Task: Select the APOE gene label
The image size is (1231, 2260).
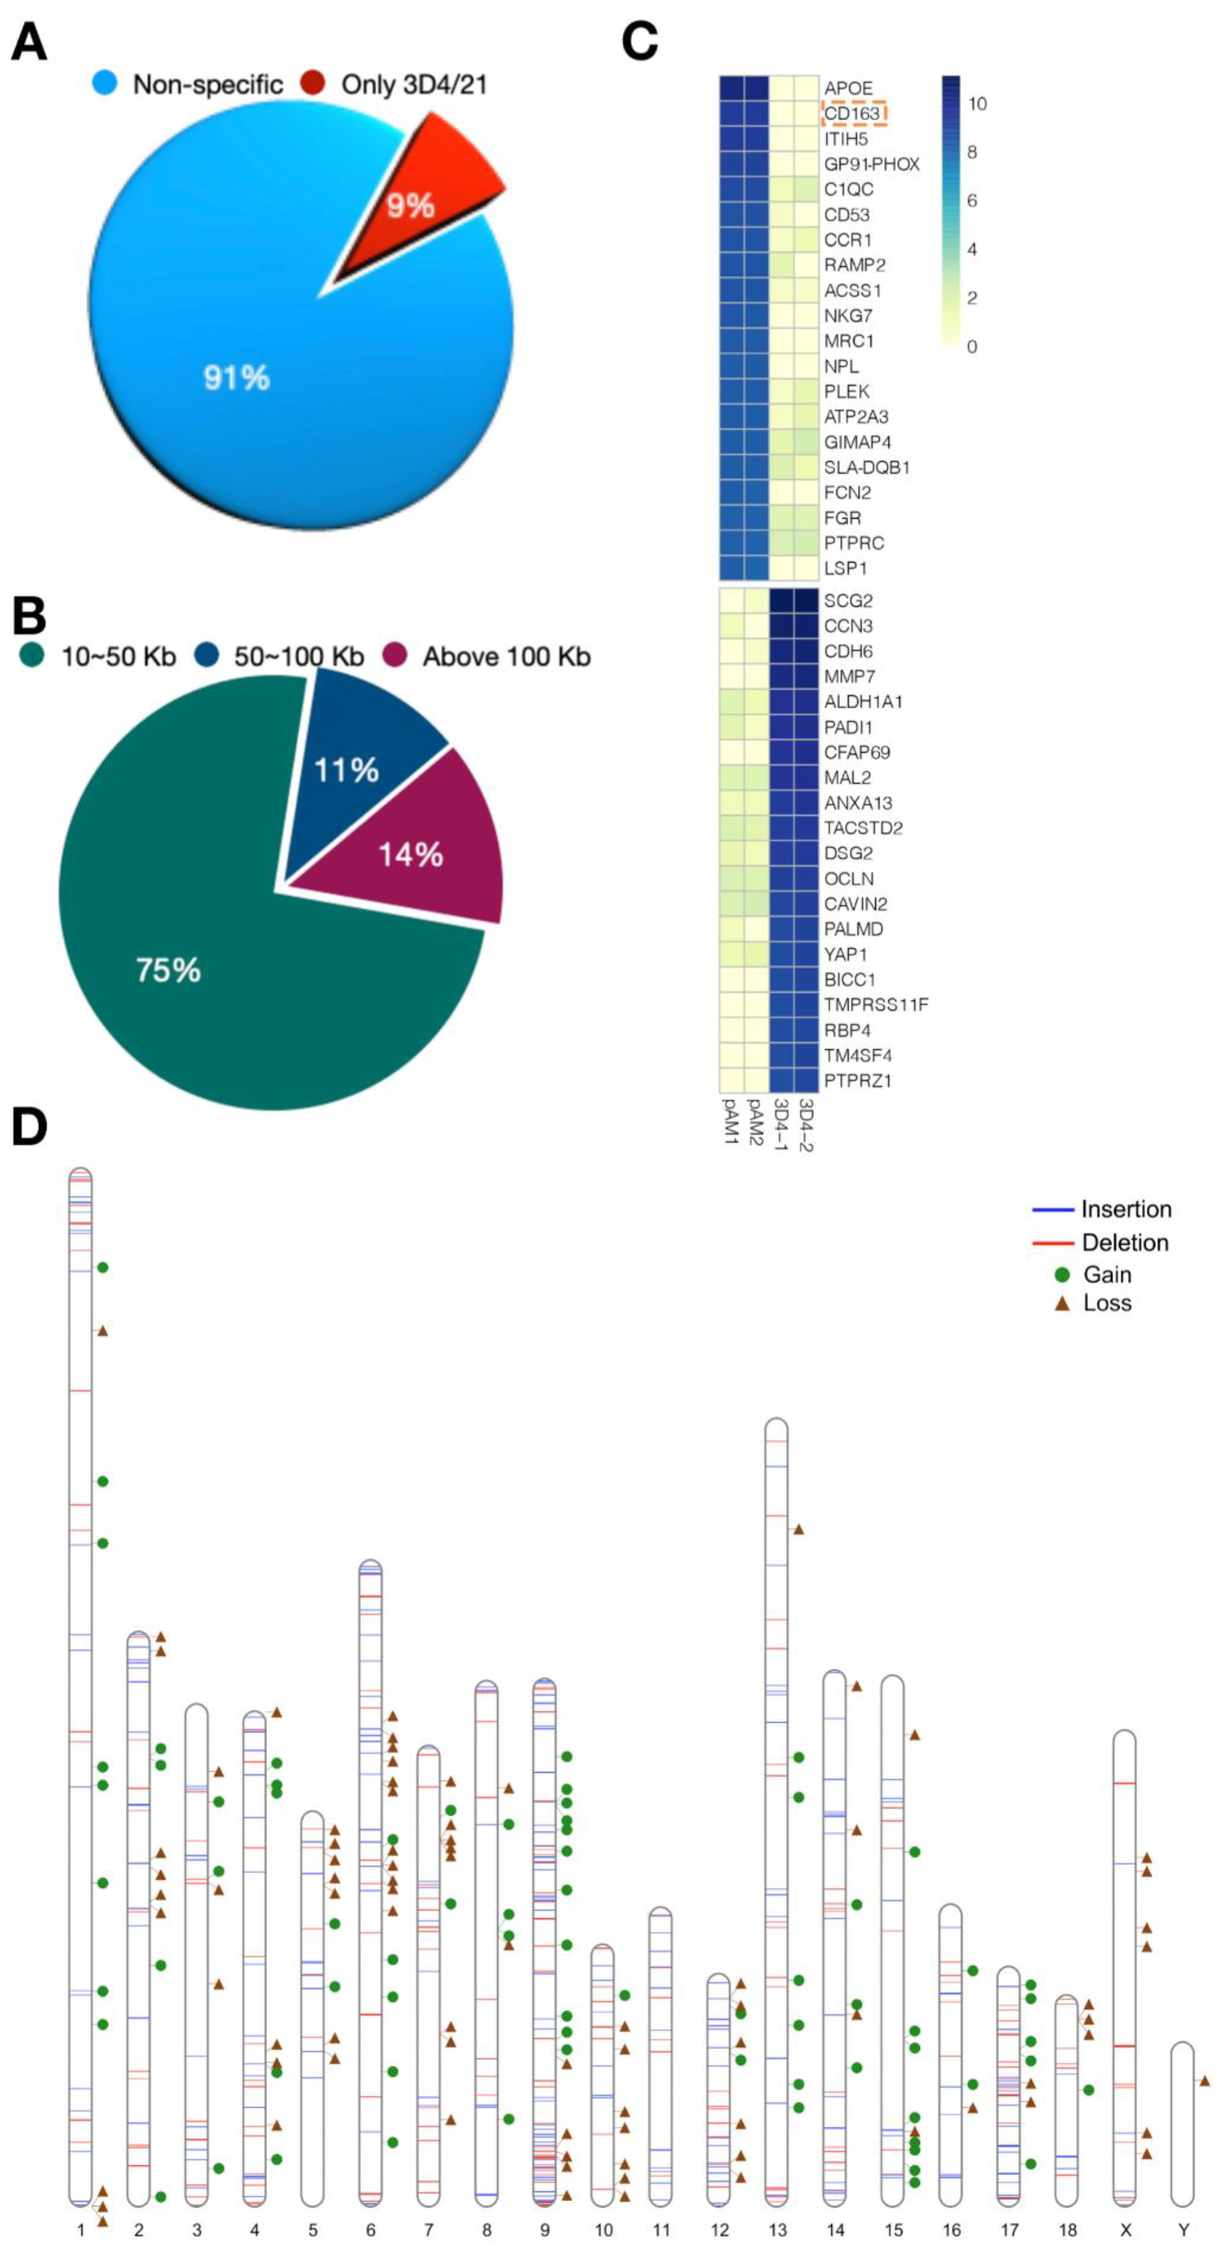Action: point(848,88)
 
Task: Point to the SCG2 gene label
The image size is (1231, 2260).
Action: point(848,601)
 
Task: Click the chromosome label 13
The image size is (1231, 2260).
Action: point(777,2229)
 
